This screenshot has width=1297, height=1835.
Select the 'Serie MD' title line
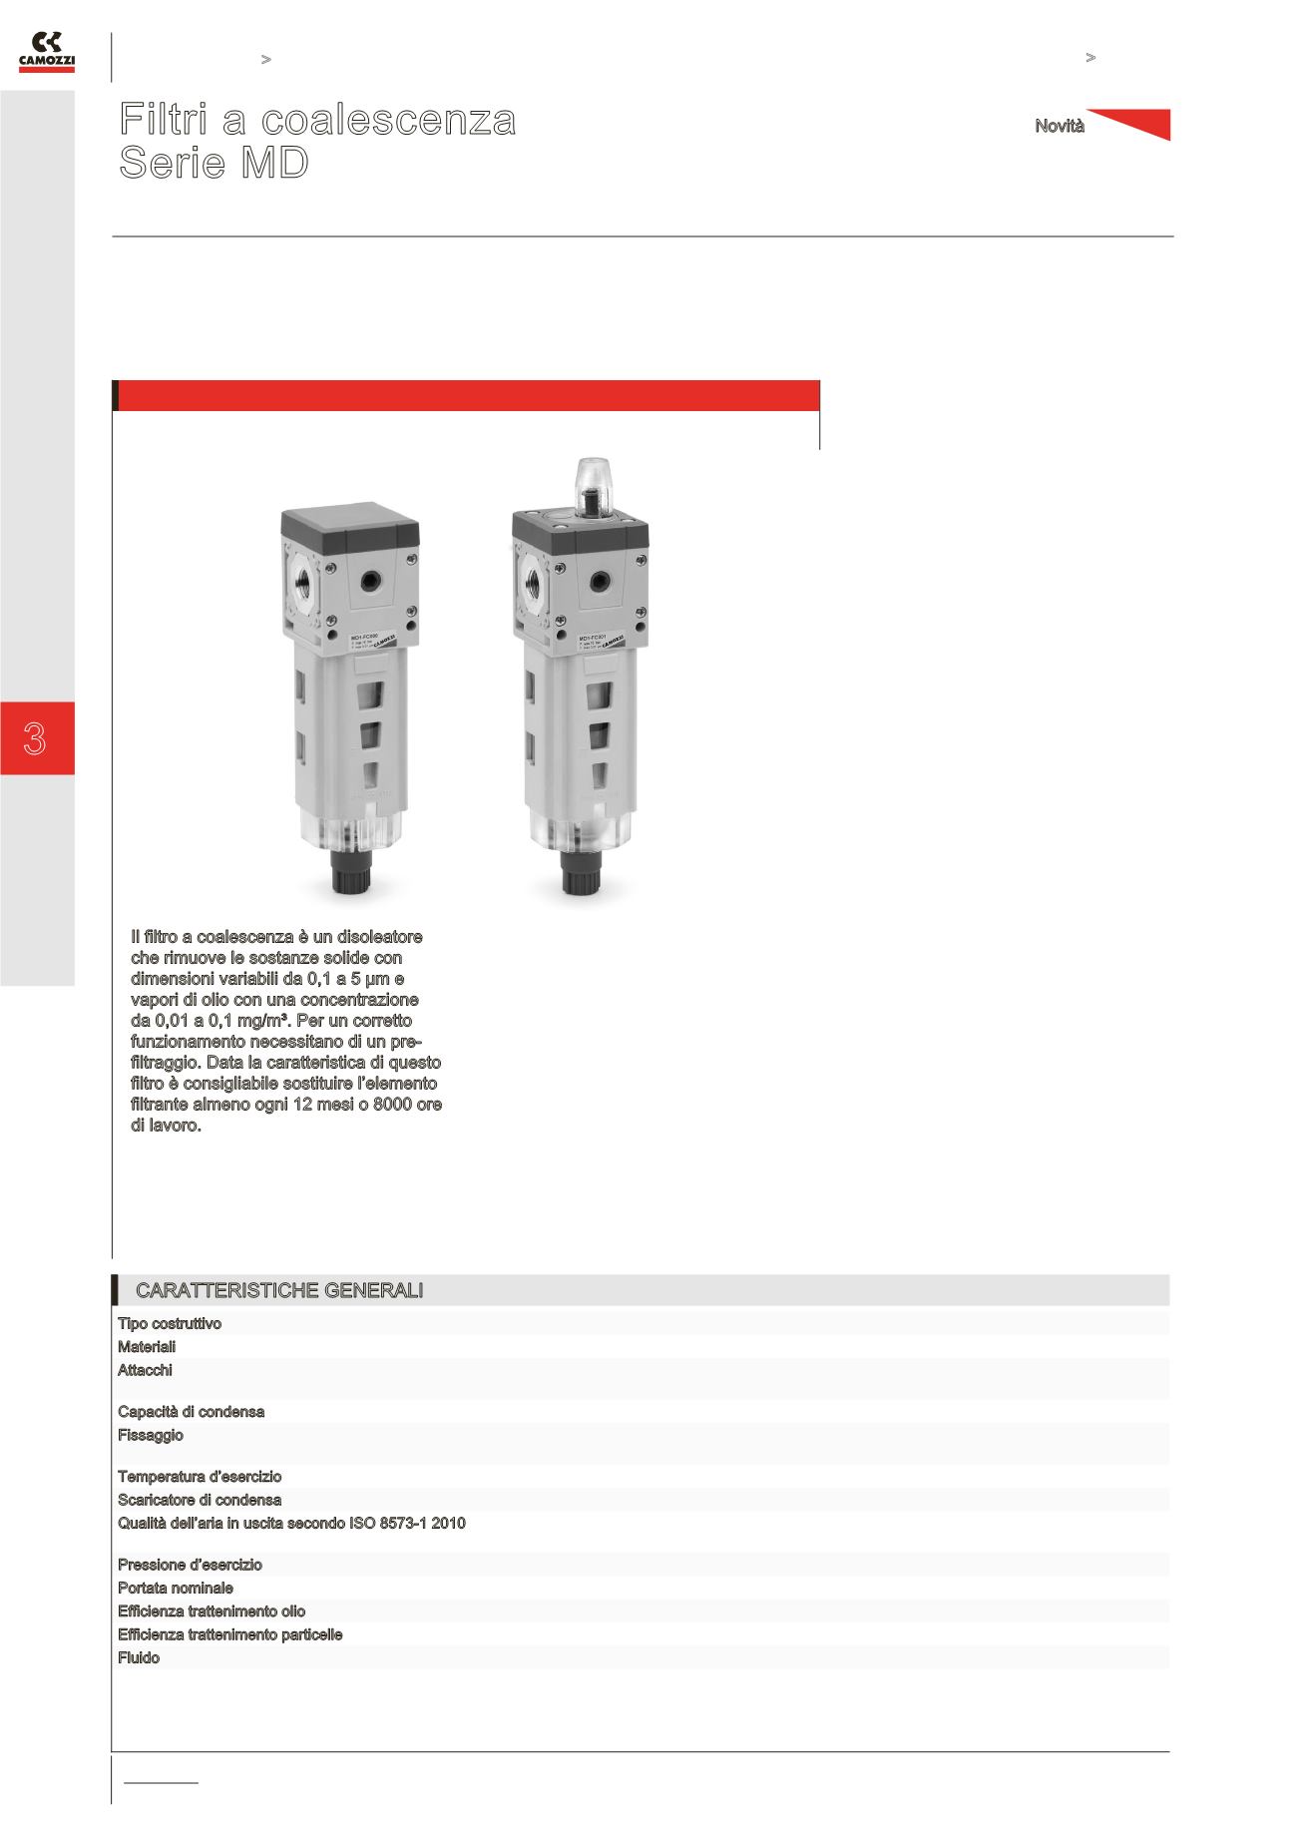214,164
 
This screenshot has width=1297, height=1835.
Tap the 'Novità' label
1059,127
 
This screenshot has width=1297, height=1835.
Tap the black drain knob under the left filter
352,875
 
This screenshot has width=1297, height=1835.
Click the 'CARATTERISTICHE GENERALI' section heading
278,1291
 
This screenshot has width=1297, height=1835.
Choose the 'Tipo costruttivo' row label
170,1324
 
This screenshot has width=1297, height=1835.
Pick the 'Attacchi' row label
145,1371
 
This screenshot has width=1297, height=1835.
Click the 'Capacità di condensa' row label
191,1412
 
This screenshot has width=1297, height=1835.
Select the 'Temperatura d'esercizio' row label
200,1477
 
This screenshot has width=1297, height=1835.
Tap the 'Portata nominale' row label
176,1589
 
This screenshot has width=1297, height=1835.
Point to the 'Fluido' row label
139,1658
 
